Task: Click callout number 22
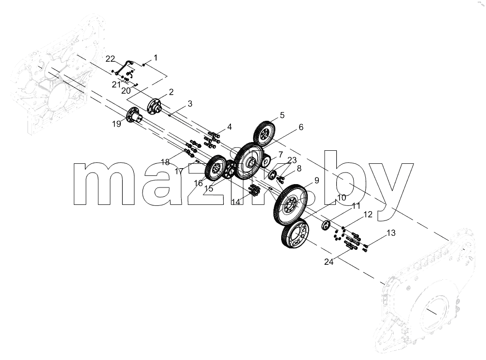(x=110, y=58)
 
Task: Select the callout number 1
(x=156, y=58)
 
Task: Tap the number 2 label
(x=171, y=92)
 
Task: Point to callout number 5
(x=282, y=115)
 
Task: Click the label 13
(x=391, y=233)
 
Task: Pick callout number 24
(x=329, y=262)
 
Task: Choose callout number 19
(x=116, y=124)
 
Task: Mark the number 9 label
(x=316, y=180)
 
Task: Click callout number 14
(x=236, y=202)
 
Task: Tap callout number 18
(x=166, y=162)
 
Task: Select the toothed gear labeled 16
(x=216, y=168)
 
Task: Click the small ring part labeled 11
(x=326, y=226)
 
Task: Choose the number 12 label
(x=368, y=215)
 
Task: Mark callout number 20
(x=126, y=91)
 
